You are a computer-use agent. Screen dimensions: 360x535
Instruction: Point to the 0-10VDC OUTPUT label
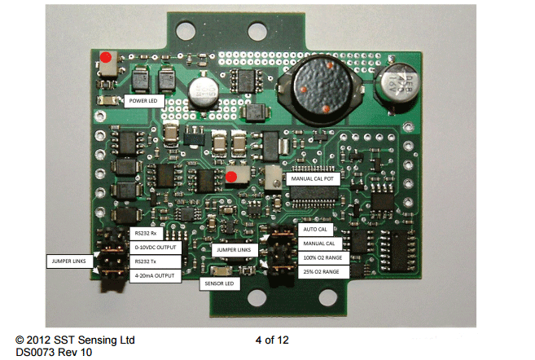159,248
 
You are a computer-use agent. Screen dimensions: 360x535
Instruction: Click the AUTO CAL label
311,230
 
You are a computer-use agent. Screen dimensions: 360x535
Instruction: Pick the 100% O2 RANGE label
321,257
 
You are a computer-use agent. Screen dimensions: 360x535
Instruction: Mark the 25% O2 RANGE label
319,271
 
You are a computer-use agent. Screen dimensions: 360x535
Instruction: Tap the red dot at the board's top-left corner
106,57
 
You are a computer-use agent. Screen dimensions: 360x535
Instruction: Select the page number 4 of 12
272,340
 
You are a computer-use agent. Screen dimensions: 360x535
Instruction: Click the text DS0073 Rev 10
54,353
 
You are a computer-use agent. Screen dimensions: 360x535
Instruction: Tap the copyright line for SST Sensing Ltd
75,340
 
